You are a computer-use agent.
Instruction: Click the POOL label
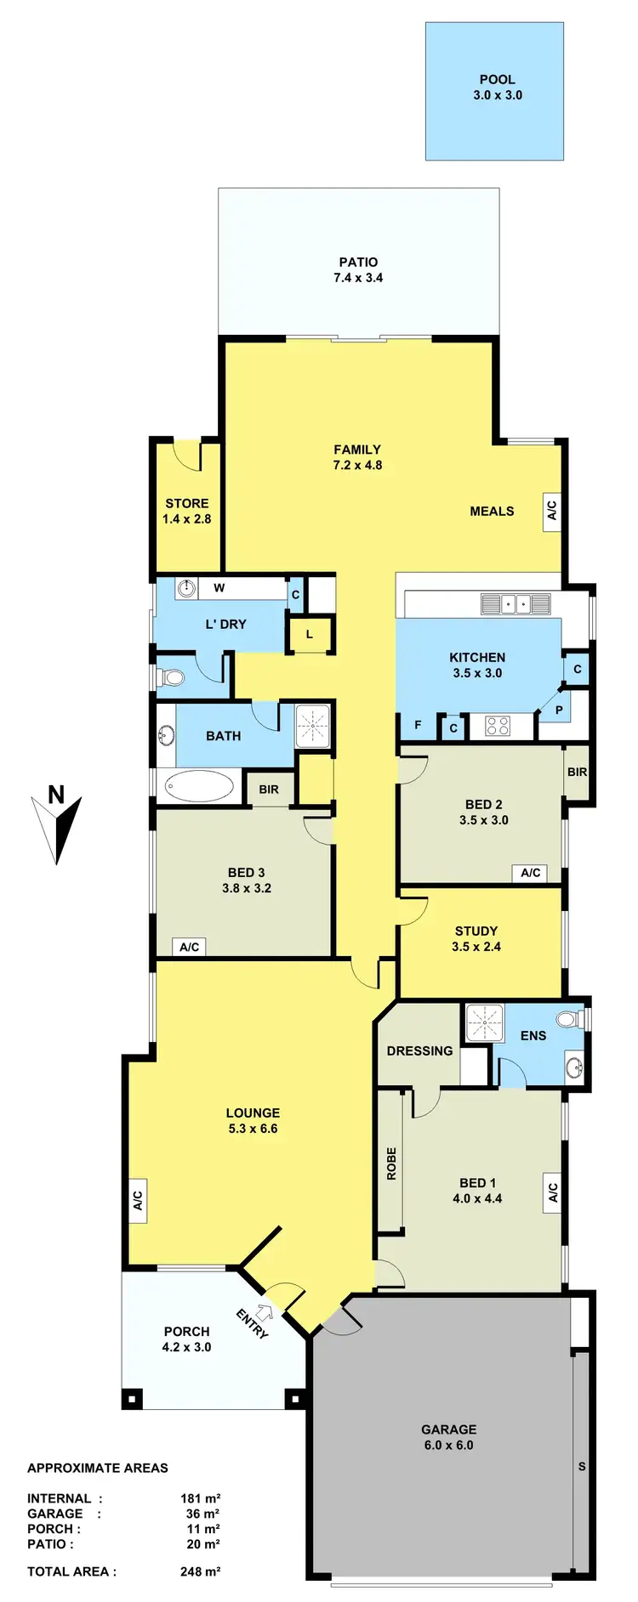(x=497, y=79)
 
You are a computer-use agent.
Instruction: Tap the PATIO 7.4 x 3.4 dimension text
(x=358, y=278)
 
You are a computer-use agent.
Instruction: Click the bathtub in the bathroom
(x=199, y=786)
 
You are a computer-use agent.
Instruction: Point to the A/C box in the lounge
(x=137, y=1201)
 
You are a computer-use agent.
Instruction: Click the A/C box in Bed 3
(x=189, y=947)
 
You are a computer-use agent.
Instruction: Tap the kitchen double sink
(x=516, y=604)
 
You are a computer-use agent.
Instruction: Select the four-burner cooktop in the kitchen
(x=497, y=726)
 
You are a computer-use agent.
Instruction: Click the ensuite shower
(x=485, y=1022)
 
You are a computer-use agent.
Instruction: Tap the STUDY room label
(x=476, y=931)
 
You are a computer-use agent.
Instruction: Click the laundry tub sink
(x=186, y=587)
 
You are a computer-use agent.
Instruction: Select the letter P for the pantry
(x=559, y=710)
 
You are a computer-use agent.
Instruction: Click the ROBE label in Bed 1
(x=391, y=1163)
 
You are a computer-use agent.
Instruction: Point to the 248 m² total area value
(x=200, y=1571)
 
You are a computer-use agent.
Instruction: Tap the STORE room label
(x=187, y=503)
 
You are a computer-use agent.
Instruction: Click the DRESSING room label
(x=419, y=1050)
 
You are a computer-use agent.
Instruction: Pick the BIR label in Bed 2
(x=577, y=772)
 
